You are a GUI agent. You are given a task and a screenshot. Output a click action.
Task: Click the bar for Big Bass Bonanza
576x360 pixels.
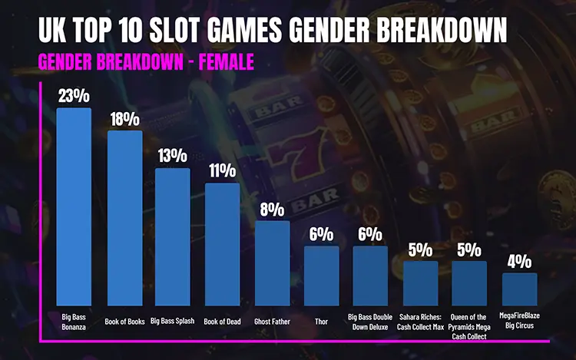point(74,207)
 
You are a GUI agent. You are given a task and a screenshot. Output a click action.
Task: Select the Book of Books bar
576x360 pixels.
point(124,219)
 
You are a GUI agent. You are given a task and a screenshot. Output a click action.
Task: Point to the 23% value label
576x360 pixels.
point(74,96)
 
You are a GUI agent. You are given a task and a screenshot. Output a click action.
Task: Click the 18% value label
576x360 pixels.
point(124,119)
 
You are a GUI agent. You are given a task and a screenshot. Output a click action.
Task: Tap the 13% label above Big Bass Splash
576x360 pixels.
point(172,156)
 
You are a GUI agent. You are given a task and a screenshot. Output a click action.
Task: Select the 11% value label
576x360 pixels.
point(222,170)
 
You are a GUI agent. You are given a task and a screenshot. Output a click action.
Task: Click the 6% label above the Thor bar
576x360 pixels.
point(321,233)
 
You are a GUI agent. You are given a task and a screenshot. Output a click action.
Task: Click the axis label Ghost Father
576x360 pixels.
point(272,322)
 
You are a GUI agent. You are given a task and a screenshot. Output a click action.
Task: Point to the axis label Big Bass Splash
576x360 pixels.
point(172,322)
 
